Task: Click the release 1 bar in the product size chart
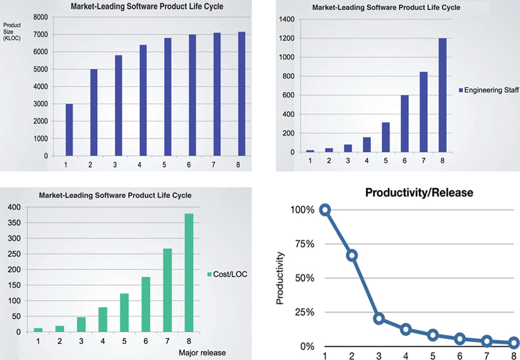[69, 130]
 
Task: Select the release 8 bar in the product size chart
[242, 94]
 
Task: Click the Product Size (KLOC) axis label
[12, 33]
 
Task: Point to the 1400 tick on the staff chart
[287, 20]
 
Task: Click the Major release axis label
[203, 352]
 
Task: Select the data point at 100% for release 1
[325, 209]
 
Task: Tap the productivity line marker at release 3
[379, 318]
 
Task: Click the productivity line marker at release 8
[514, 343]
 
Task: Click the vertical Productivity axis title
[281, 278]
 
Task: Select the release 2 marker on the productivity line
[352, 255]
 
